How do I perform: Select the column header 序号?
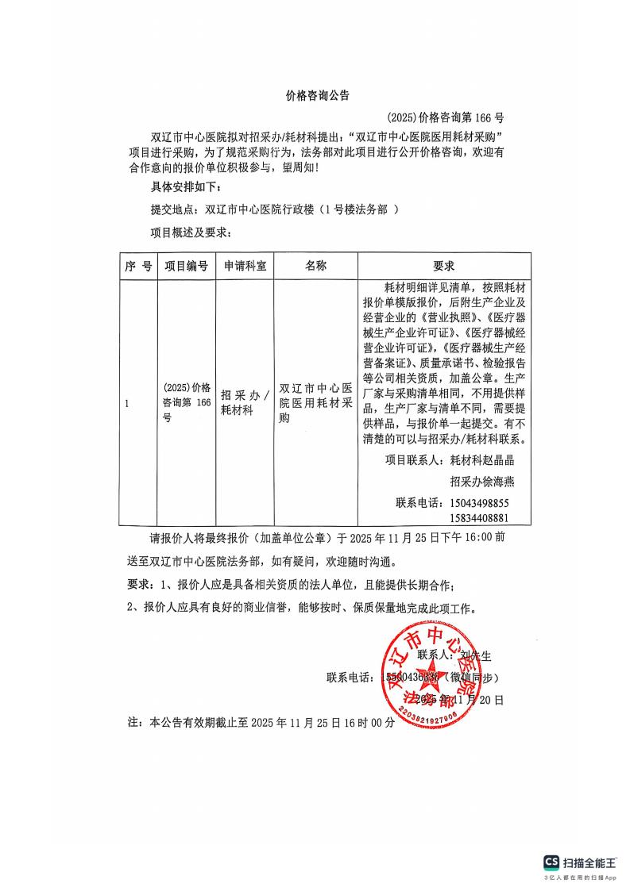(x=138, y=267)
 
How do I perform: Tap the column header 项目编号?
(x=187, y=267)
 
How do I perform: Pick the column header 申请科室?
(x=245, y=267)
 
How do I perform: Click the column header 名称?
(x=315, y=267)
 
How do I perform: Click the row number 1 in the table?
(x=127, y=403)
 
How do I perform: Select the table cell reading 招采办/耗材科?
(x=245, y=402)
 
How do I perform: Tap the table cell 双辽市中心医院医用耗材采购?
(x=315, y=402)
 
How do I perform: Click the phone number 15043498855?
(x=474, y=504)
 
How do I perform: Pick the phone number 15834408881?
(x=474, y=517)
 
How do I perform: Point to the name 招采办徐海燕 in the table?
(x=482, y=481)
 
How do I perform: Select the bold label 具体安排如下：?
(x=187, y=188)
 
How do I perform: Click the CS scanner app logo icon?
(x=551, y=862)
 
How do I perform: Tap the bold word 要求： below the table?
(x=141, y=586)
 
